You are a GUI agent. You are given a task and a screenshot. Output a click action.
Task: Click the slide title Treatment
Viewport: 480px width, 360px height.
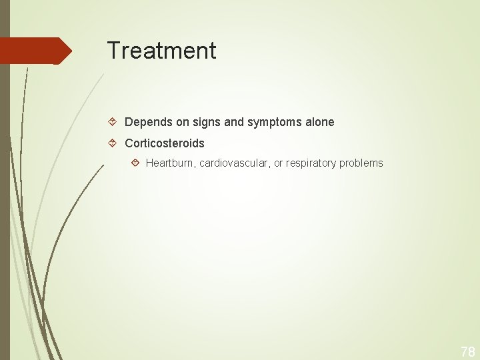tap(161, 51)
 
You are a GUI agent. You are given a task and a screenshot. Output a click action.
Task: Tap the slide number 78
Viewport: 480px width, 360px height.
tap(467, 351)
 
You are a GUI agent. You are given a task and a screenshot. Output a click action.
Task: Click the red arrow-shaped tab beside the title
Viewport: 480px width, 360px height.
tap(35, 51)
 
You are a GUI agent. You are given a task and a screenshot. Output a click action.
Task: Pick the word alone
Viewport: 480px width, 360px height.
tap(319, 123)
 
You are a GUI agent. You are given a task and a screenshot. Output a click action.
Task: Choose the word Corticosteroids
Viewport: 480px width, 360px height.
tap(165, 143)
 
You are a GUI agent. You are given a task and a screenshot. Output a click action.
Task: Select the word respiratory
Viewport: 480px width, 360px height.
tap(312, 163)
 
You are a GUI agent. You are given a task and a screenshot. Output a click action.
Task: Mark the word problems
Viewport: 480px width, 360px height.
tap(361, 163)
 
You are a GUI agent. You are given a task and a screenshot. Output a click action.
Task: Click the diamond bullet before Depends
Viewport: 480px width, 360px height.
tap(113, 123)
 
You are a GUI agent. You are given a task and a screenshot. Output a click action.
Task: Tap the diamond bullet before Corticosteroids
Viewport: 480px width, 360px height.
tap(113, 143)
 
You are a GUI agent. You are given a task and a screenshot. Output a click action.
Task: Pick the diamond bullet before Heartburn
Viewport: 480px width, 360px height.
tap(135, 163)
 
